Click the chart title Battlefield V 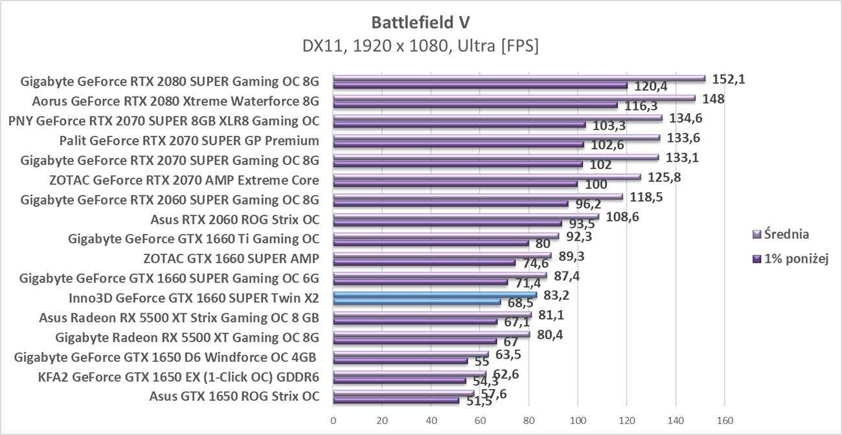click(420, 22)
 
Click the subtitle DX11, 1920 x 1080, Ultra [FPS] click(420, 46)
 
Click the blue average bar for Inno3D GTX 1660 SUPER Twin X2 click(434, 295)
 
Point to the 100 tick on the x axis click(578, 421)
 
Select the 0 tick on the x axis click(333, 421)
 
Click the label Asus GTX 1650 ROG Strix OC click(234, 396)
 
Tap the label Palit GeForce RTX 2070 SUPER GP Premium click(188, 140)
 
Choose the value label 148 click(713, 99)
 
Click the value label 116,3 click(641, 106)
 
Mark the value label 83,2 click(556, 295)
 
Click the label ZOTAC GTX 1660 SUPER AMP click(231, 258)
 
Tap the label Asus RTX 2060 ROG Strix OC click(234, 219)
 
